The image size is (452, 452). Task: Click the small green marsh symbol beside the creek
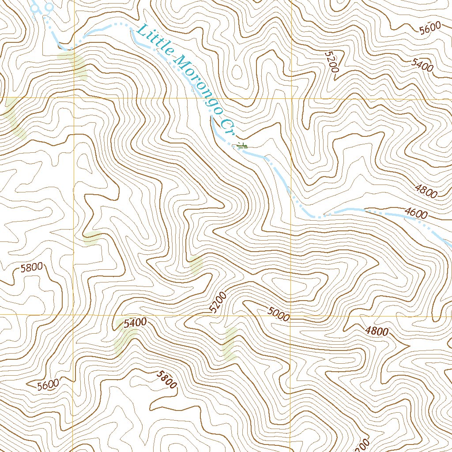coord(241,145)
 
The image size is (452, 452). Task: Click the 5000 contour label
coord(279,314)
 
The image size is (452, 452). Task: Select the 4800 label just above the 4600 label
coord(426,192)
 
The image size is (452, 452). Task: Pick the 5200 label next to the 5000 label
coord(218,302)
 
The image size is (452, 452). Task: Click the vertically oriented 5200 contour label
coord(331,62)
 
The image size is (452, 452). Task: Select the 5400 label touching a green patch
coord(135,323)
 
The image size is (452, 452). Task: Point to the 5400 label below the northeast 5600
coord(422,65)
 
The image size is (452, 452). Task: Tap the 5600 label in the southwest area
coord(48,384)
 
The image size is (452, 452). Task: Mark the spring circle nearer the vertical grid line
coord(49,7)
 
